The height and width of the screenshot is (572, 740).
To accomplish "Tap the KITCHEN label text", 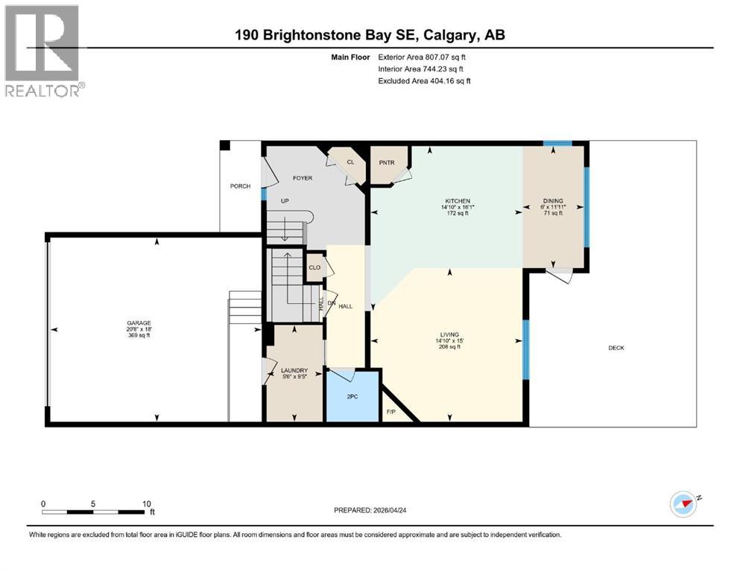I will point(456,201).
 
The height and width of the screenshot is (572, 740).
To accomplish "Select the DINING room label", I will point(552,200).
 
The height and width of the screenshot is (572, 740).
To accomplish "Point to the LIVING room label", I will point(449,335).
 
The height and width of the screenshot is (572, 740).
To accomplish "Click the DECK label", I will point(616,348).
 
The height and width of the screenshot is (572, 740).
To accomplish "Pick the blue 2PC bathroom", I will point(352,396).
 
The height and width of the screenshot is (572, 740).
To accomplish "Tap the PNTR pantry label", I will point(386,162).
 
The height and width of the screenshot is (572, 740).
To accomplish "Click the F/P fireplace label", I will point(390,412).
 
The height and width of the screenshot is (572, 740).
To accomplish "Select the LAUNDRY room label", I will point(294,370).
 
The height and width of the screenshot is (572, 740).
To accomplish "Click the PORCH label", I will point(240,186).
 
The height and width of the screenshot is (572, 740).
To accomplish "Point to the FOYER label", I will point(302,178).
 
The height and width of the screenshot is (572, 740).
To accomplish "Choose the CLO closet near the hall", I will point(314,267).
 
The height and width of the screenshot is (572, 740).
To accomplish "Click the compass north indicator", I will point(683,503).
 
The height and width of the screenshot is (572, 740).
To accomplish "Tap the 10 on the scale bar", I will point(147,503).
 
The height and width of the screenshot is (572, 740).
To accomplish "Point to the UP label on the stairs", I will point(284,201).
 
